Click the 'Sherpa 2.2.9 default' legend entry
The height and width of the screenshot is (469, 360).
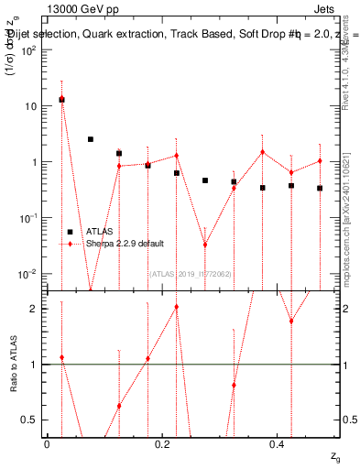pos(125,244)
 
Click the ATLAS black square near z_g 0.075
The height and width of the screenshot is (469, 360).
pos(91,139)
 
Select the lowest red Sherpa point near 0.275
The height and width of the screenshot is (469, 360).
pos(205,245)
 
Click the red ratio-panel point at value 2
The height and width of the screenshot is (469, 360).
pos(176,307)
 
